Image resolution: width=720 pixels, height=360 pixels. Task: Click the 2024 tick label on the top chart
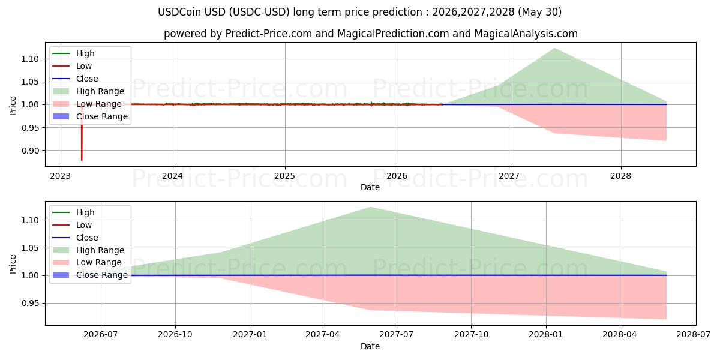(173, 176)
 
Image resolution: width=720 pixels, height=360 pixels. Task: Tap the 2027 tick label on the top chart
(509, 176)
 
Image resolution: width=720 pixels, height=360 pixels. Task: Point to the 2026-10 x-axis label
(175, 335)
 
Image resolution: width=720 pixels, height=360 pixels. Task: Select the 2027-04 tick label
(323, 335)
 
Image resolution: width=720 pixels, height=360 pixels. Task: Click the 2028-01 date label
(546, 335)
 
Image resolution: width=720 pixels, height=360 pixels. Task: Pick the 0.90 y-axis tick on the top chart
(30, 151)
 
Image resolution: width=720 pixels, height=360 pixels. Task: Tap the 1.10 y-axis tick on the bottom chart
(30, 221)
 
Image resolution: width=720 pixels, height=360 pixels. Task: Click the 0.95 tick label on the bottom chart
(30, 304)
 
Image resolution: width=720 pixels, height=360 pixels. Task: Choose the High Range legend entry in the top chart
(88, 91)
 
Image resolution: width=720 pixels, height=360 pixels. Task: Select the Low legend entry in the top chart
(72, 66)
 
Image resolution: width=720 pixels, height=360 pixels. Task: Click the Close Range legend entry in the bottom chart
(90, 275)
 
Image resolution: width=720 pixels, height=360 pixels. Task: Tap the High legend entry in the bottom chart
(73, 212)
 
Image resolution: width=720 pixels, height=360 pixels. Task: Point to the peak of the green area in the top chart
(554, 49)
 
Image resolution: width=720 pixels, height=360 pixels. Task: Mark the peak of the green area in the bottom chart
(370, 208)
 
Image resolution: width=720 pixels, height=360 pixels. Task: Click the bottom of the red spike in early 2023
(82, 160)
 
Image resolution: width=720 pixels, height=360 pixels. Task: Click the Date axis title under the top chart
(370, 187)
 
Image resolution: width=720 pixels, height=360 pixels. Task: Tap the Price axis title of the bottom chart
(13, 264)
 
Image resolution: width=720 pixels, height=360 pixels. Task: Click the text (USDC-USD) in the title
(259, 12)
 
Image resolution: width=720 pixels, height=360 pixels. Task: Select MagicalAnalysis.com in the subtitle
(526, 34)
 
